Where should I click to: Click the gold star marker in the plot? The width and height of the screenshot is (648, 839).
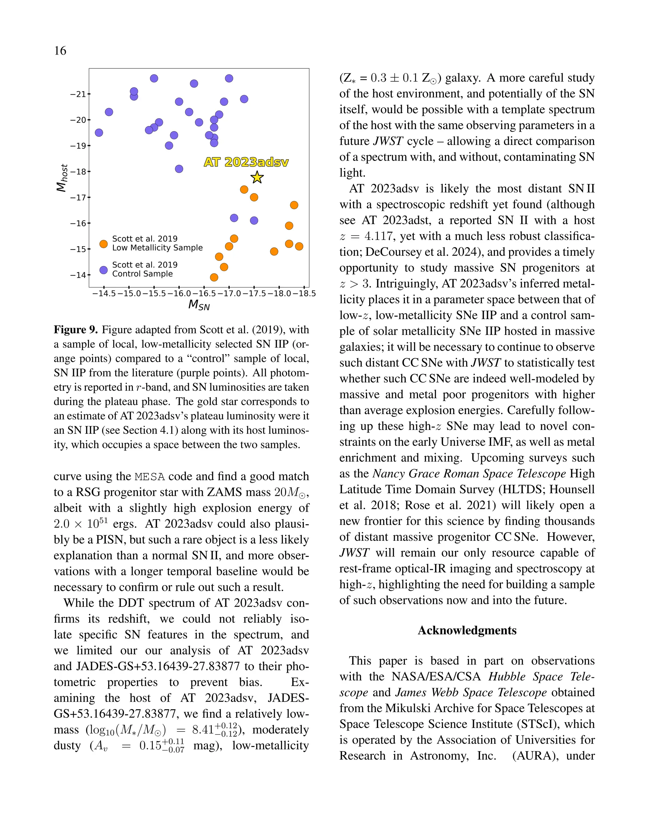coord(257,178)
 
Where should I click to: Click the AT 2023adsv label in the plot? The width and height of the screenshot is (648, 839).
coord(246,162)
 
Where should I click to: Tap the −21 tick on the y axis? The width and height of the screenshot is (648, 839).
coord(78,94)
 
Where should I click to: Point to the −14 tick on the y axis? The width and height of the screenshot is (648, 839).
coord(78,275)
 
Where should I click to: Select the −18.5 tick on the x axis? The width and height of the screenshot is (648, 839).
coord(304,293)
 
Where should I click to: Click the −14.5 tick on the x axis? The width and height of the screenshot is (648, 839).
coord(104,293)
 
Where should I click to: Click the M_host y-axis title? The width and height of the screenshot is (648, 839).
coord(62,178)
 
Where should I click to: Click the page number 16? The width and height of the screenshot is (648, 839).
coord(60,51)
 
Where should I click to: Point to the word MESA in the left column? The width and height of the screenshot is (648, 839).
coord(150,477)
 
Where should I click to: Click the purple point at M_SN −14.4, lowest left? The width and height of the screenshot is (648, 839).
coord(99,133)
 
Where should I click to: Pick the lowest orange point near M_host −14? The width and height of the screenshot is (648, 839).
coord(214,277)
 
